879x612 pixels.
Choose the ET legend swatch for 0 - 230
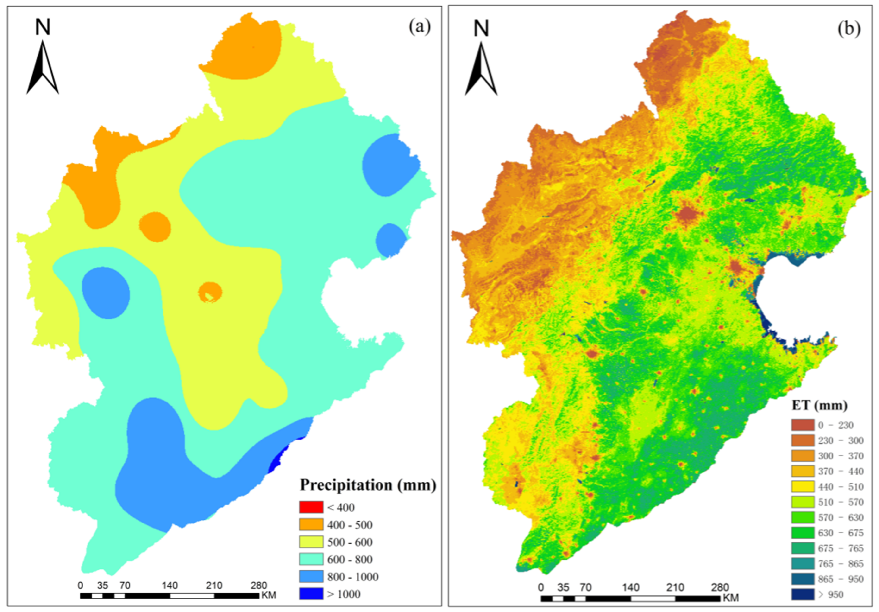point(803,425)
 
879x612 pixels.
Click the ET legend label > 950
point(830,594)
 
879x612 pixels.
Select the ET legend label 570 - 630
point(841,517)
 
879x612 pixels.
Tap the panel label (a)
point(420,27)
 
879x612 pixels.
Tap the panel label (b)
point(849,29)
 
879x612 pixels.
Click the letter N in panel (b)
point(481,29)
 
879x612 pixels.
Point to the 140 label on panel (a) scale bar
point(169,585)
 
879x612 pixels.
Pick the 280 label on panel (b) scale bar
point(720,587)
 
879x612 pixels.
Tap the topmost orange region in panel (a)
point(245,50)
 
